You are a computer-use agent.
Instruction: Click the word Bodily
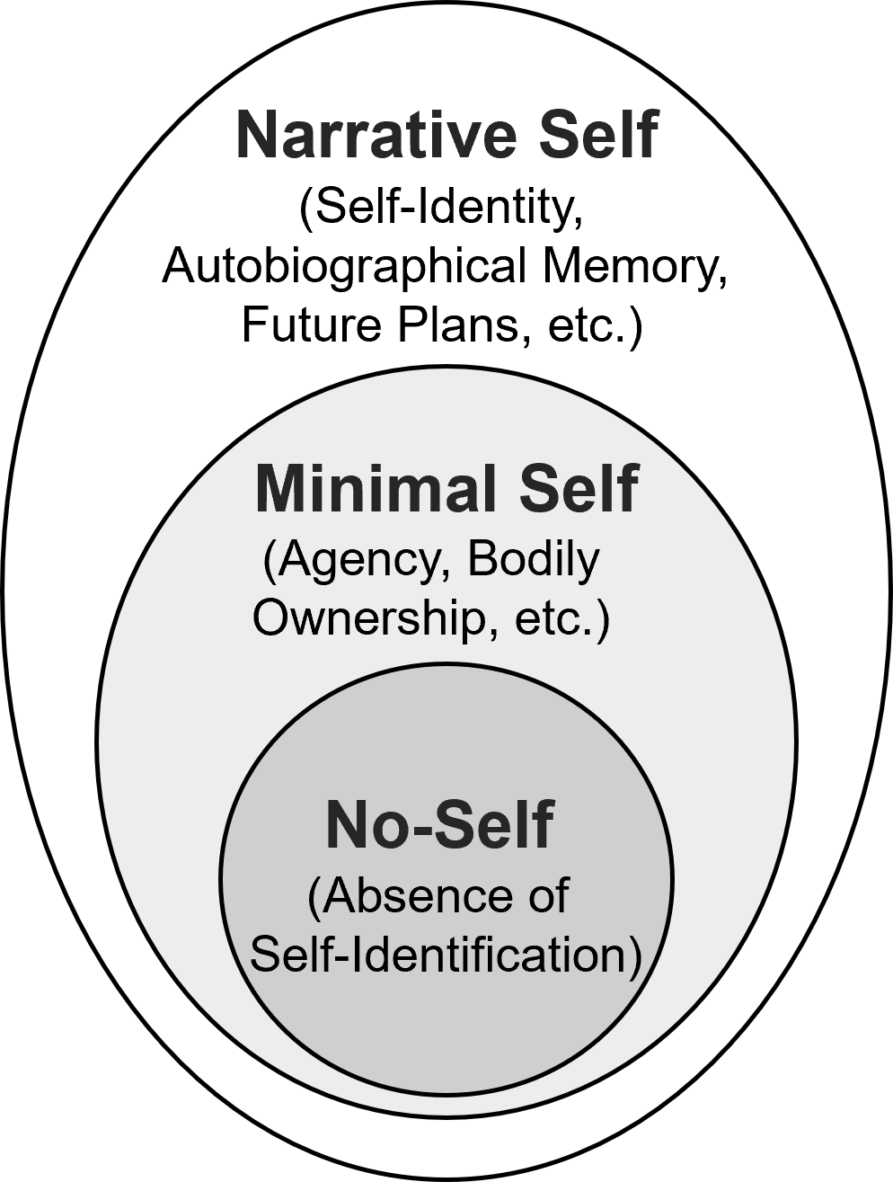[534, 561]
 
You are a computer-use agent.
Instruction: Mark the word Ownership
[367, 618]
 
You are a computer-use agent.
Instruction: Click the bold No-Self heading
[439, 824]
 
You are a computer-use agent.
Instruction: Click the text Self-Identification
[445, 955]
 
